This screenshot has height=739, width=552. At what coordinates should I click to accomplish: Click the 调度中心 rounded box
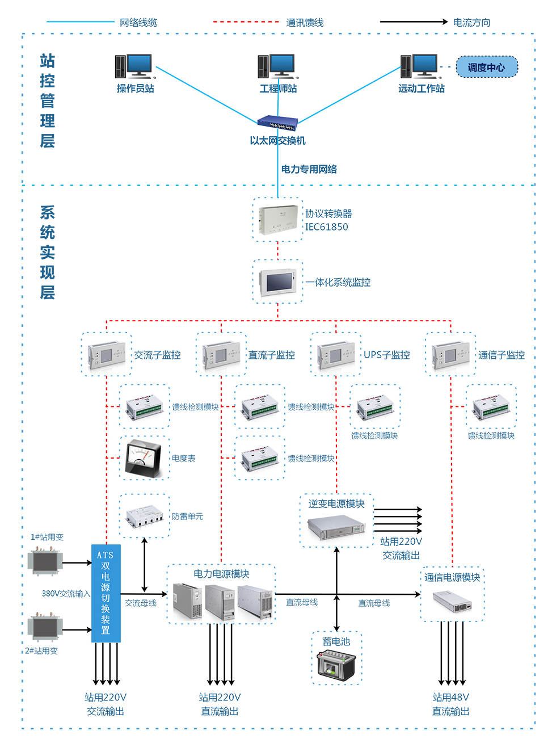click(487, 67)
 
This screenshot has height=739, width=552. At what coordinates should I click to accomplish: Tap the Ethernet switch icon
click(277, 122)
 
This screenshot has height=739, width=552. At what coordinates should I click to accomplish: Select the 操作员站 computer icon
click(134, 66)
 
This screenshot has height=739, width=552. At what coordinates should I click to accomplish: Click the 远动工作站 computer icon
click(420, 66)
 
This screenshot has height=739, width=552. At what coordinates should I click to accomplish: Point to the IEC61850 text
click(327, 227)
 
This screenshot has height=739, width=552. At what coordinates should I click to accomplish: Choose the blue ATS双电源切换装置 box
click(106, 593)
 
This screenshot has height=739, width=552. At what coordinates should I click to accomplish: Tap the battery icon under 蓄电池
click(336, 666)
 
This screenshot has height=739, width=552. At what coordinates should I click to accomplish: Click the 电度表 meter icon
click(145, 457)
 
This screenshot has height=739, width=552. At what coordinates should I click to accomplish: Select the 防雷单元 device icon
click(145, 515)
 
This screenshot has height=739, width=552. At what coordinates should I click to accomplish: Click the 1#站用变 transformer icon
click(45, 561)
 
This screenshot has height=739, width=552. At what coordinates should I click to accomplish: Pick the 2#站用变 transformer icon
click(44, 628)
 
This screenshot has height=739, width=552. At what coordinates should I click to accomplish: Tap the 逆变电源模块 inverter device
click(336, 528)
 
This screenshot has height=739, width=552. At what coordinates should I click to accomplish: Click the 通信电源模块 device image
click(452, 601)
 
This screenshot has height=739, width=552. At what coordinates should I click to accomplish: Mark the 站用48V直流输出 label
click(450, 704)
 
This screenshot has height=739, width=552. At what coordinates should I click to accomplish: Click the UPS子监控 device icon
click(336, 355)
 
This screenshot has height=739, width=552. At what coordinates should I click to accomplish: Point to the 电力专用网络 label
click(309, 169)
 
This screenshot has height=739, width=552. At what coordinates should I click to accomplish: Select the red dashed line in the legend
click(246, 22)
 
